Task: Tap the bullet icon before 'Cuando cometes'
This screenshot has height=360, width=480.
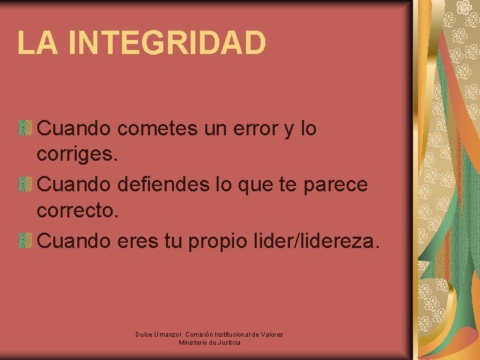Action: (x=25, y=129)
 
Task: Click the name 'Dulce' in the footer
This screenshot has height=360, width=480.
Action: (x=144, y=334)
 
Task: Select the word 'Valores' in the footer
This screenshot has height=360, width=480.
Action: (x=271, y=334)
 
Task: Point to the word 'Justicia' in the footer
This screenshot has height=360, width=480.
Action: (x=227, y=343)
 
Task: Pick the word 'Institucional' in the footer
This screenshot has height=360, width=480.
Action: (x=229, y=334)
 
